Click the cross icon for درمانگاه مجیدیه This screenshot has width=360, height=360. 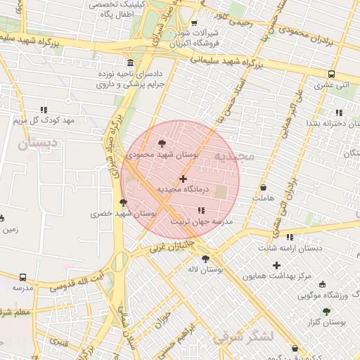coord(184,179)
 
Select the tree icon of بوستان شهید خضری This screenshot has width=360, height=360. coord(124,202)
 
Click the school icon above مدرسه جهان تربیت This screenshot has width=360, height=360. coord(202,210)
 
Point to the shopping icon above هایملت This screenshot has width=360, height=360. coord(263,188)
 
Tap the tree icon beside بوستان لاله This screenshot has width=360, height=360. coord(205,259)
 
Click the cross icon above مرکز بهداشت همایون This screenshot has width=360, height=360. coord(276,265)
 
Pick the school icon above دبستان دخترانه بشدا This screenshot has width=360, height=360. coord(338,112)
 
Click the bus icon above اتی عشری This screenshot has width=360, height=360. coord(330,74)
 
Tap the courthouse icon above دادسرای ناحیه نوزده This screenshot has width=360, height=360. coord(129,62)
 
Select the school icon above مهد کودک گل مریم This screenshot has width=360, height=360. coord(44,110)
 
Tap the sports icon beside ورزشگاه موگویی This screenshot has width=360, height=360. coord(323,285)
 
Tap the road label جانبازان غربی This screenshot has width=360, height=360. coord(170,246)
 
